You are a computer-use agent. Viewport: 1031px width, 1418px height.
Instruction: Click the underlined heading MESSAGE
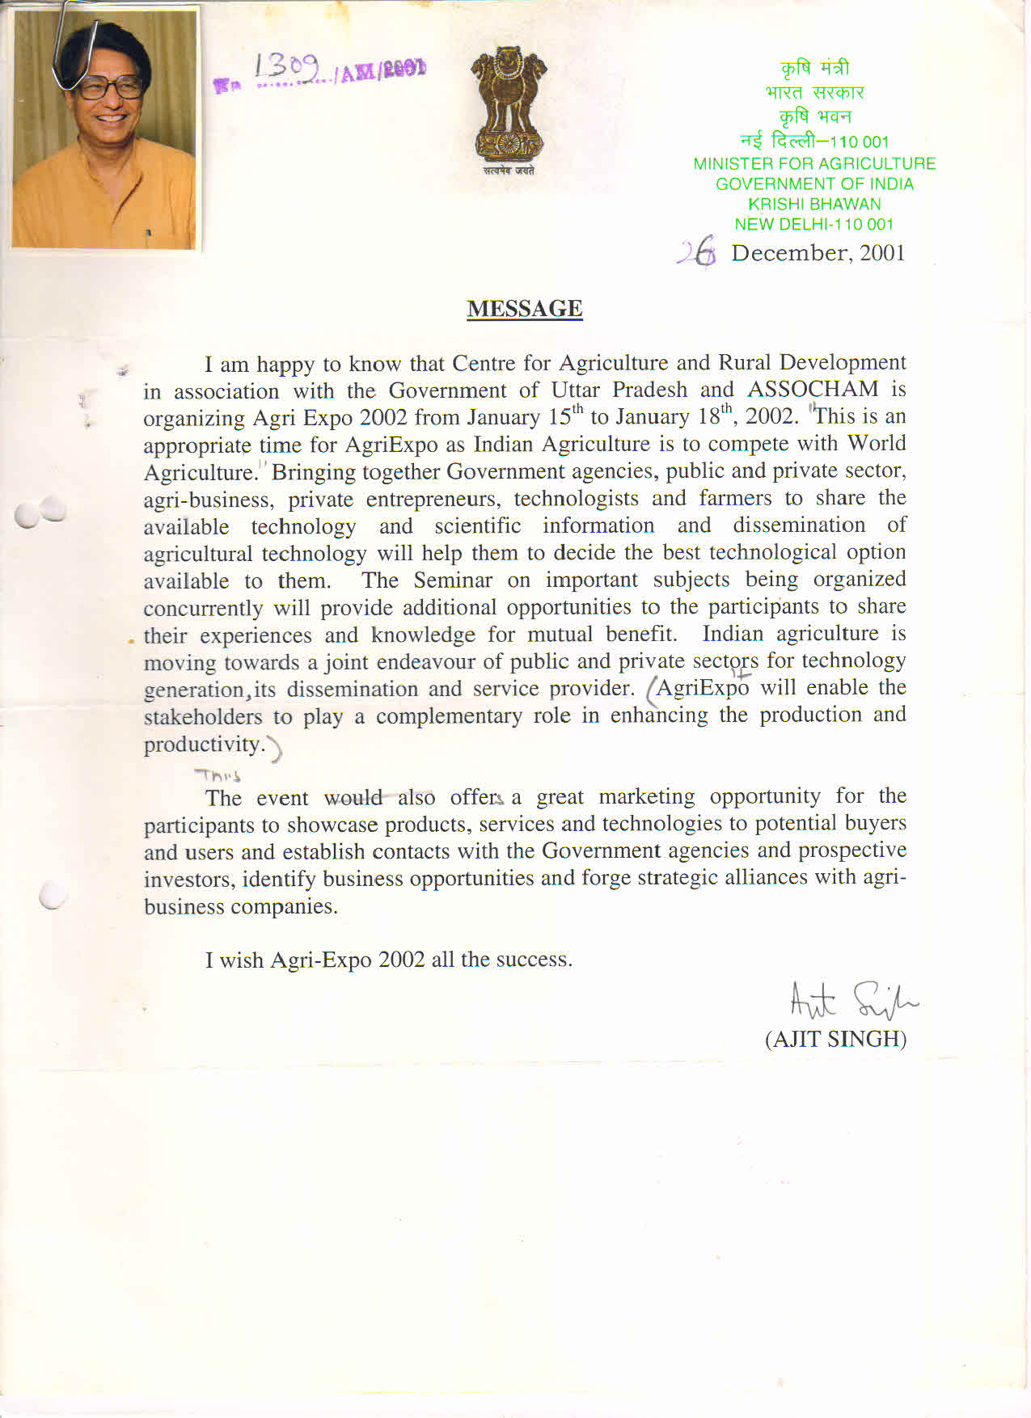524,309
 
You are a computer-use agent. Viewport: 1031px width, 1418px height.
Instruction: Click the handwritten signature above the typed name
852,1001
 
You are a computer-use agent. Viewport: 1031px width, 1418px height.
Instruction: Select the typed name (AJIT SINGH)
835,1039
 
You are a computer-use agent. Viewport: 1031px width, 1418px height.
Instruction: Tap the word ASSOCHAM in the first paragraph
813,390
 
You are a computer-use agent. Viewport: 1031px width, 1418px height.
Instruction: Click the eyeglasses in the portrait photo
111,87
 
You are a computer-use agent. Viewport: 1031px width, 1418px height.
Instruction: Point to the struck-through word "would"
353,798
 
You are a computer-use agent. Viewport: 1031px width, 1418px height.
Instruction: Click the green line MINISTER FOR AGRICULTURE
814,164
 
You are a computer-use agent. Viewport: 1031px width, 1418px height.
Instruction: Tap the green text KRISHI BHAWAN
814,205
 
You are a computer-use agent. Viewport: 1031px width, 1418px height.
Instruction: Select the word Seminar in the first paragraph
453,580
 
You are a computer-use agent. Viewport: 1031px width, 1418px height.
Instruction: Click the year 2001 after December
882,253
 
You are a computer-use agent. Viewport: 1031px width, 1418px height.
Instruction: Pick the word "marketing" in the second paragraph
646,797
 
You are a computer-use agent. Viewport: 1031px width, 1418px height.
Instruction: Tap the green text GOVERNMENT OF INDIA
814,184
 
